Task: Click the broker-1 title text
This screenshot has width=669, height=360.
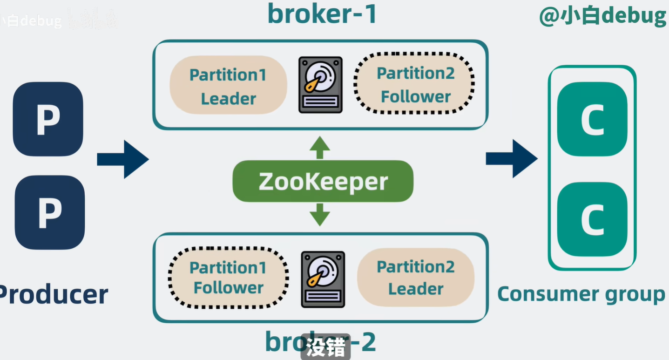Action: tap(322, 14)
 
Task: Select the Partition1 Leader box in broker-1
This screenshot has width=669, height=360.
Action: tap(228, 86)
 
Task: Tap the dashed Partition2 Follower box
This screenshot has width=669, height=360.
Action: tap(414, 85)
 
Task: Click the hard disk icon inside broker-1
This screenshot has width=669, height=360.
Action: tap(320, 85)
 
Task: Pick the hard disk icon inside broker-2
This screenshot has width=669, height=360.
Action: tap(323, 279)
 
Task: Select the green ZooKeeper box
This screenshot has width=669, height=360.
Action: tap(323, 181)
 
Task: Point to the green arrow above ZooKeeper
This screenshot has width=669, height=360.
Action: tap(320, 148)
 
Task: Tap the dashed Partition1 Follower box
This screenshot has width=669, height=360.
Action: tap(228, 278)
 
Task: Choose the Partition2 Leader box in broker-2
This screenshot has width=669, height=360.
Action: tap(415, 278)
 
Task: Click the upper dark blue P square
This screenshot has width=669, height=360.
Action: tap(48, 119)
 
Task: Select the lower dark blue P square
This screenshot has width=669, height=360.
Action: tap(49, 212)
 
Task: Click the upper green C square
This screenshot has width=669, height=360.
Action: tap(592, 119)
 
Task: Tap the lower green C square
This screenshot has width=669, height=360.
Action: tap(592, 219)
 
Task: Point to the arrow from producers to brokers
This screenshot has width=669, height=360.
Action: tap(122, 159)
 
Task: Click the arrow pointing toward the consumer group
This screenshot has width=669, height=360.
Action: tap(511, 158)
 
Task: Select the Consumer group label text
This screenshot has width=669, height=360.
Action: tap(581, 294)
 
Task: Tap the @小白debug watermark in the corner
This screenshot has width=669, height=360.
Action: tap(603, 17)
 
